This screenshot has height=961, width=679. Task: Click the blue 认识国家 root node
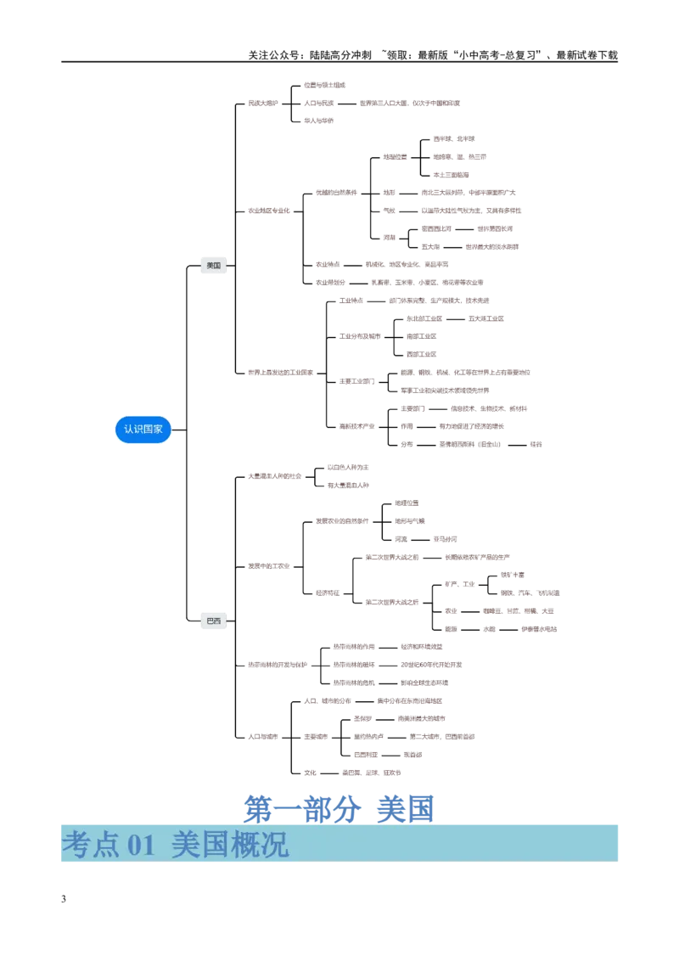(x=143, y=430)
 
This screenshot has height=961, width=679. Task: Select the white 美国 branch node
(x=213, y=266)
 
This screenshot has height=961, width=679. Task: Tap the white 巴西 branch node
(x=213, y=621)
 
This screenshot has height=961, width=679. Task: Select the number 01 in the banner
(x=142, y=845)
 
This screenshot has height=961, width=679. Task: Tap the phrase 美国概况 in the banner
(x=229, y=844)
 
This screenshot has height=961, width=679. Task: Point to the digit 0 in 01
(x=134, y=845)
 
